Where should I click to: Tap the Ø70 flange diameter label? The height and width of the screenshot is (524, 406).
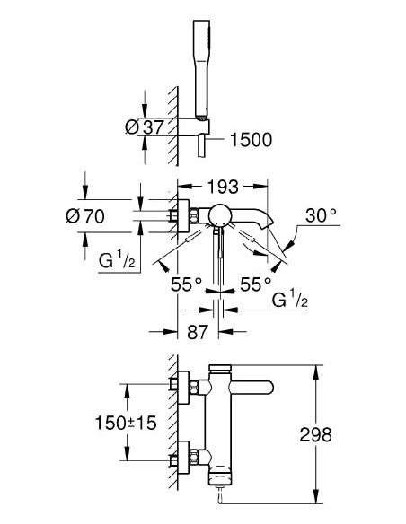[x=103, y=215]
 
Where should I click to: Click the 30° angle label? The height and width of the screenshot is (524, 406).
[x=320, y=216]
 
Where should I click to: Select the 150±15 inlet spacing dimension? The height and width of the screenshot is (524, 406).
[x=129, y=422]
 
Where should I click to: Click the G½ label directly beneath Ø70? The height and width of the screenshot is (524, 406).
[x=115, y=263]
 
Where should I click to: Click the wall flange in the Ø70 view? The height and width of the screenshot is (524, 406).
[x=185, y=215]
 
